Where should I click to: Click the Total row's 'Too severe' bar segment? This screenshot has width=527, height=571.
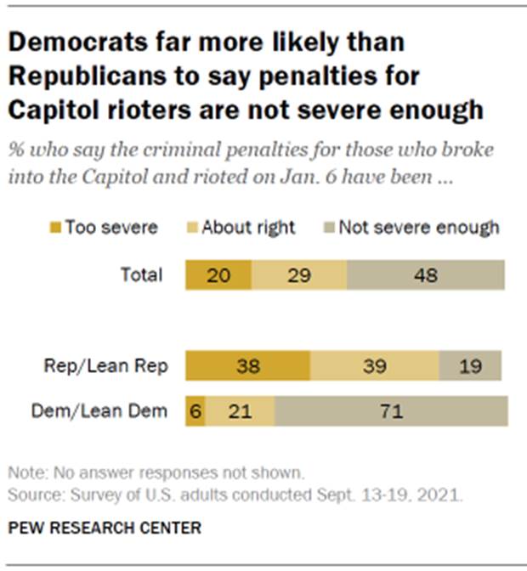pyautogui.click(x=219, y=276)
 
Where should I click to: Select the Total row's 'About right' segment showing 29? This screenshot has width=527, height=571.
pyautogui.click(x=299, y=276)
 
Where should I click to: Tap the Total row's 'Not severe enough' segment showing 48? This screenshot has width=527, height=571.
pyautogui.click(x=426, y=276)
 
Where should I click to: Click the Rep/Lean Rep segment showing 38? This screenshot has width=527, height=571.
pyautogui.click(x=248, y=365)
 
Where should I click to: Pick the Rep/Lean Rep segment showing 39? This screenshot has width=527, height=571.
pyautogui.click(x=374, y=365)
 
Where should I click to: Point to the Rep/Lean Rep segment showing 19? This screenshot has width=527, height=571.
pyautogui.click(x=470, y=365)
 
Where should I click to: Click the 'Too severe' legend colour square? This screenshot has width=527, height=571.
pyautogui.click(x=56, y=228)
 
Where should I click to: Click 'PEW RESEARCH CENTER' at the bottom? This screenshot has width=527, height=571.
pyautogui.click(x=105, y=529)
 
